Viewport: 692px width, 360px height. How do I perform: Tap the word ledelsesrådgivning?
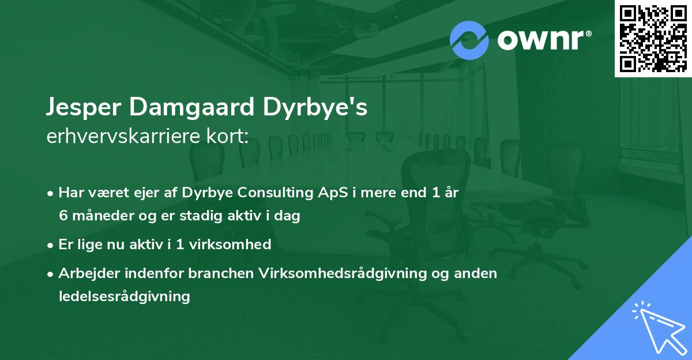coord(124,297)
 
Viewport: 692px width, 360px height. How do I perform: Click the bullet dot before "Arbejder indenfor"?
coord(51,273)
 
